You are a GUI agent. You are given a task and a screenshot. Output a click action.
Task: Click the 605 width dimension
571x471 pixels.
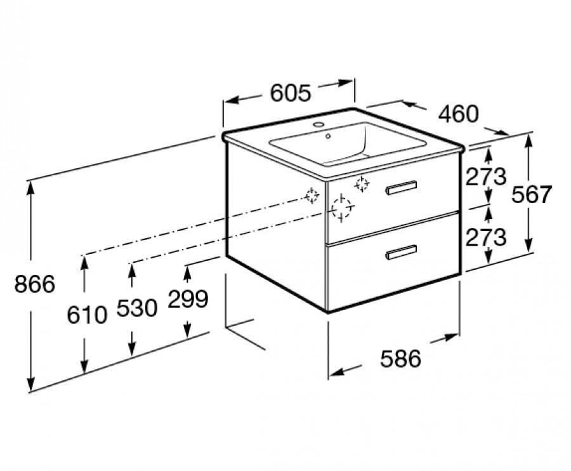coord(291,93)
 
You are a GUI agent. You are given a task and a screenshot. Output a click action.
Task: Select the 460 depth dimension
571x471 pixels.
coord(458,114)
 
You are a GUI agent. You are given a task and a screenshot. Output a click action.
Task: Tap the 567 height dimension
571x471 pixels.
coord(532,194)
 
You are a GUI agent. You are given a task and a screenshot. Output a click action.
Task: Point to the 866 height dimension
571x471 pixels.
coord(35,284)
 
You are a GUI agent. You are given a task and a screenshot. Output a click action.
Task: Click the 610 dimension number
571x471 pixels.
coord(87,315)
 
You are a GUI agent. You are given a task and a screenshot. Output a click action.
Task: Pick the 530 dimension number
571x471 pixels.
coord(137,308)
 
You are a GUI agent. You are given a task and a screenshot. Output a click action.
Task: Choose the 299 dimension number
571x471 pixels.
coord(188,299)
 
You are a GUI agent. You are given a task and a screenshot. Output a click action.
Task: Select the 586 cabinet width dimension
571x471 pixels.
coord(400,359)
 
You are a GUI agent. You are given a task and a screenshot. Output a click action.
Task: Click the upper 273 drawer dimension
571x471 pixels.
coord(486,176)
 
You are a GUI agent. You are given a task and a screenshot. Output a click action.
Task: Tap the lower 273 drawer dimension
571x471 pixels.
coord(486,237)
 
